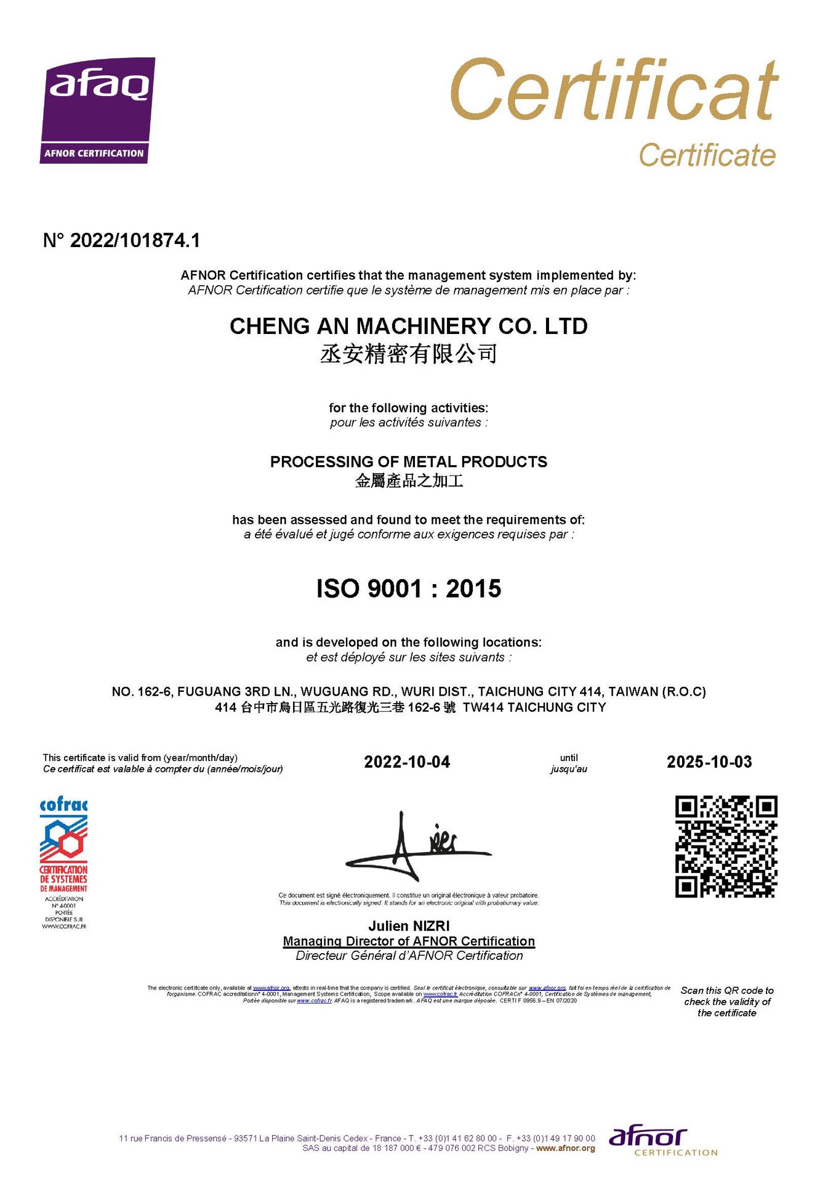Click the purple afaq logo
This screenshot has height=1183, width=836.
pyautogui.click(x=97, y=110)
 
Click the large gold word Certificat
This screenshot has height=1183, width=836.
pyautogui.click(x=614, y=91)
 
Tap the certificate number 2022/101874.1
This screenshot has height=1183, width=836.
pyautogui.click(x=135, y=240)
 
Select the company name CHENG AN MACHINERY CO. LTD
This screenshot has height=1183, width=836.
pyautogui.click(x=408, y=326)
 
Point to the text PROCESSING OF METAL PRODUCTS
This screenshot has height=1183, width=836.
pyautogui.click(x=408, y=461)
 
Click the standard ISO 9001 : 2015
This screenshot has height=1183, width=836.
pyautogui.click(x=408, y=588)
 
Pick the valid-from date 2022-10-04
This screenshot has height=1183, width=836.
pyautogui.click(x=407, y=762)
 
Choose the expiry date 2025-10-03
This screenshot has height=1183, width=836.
pyautogui.click(x=709, y=762)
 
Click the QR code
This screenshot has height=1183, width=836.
pyautogui.click(x=726, y=846)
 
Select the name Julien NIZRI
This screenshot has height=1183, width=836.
pyautogui.click(x=409, y=926)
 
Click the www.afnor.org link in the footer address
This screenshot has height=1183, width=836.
pyautogui.click(x=565, y=1148)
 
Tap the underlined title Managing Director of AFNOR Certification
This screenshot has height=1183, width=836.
pyautogui.click(x=409, y=941)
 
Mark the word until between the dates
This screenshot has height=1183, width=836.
pyautogui.click(x=569, y=758)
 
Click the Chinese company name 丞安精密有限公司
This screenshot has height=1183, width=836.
pyautogui.click(x=408, y=354)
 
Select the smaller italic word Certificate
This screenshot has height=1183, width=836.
pyautogui.click(x=707, y=155)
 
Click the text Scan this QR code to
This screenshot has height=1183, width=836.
pyautogui.click(x=727, y=990)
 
